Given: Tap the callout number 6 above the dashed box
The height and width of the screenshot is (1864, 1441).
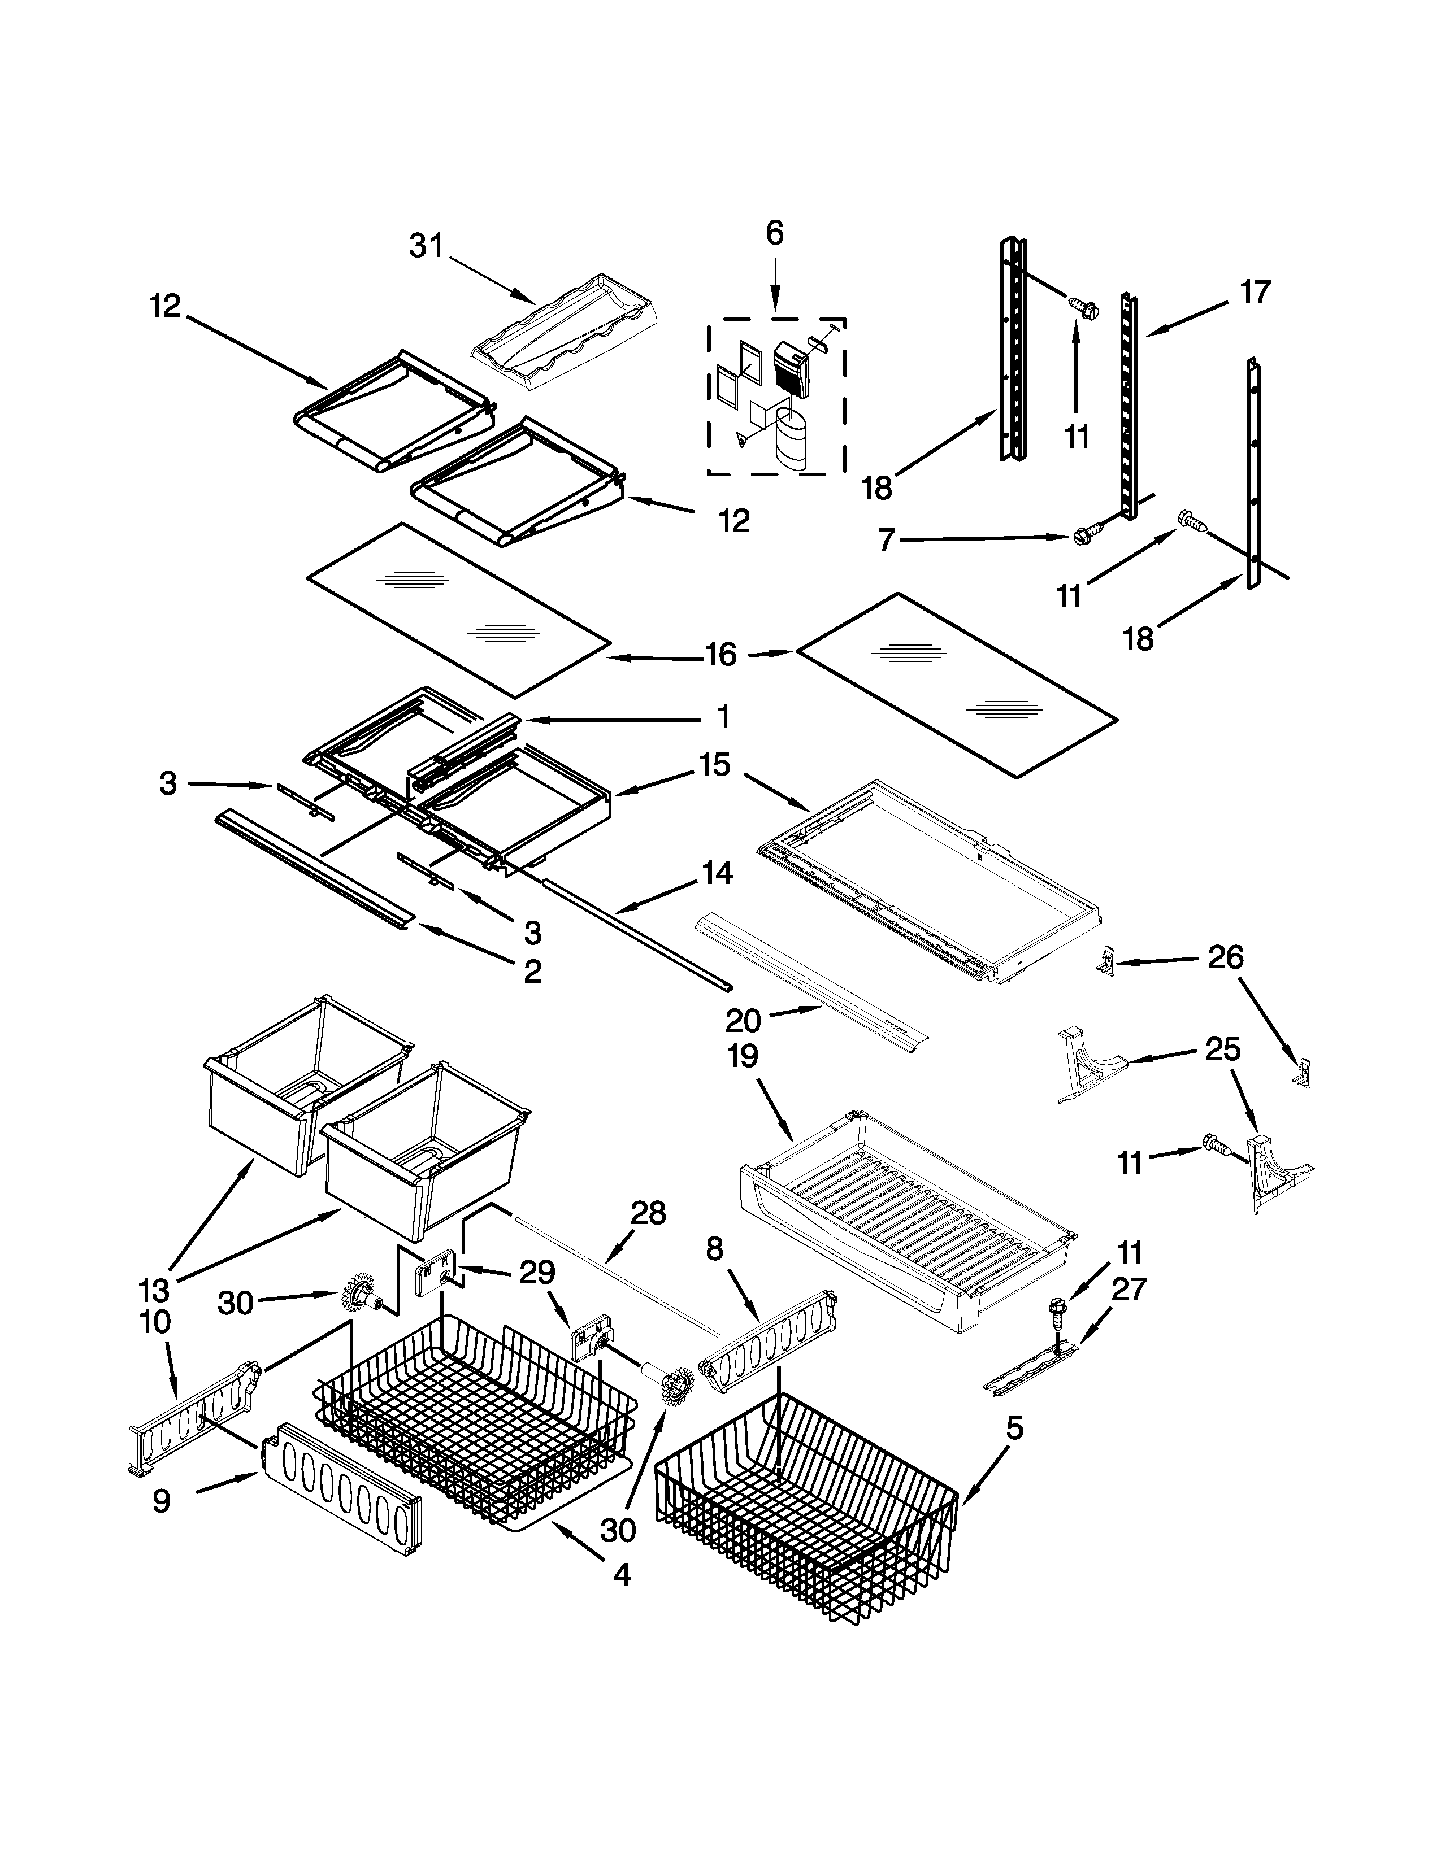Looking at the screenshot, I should point(774,233).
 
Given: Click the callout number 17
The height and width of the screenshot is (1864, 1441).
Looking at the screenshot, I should point(1255,292).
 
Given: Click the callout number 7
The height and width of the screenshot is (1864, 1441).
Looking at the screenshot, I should point(887,540).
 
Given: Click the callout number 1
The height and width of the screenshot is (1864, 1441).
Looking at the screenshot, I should point(722,717).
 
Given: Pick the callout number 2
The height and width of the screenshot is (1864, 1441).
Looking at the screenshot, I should point(532,970).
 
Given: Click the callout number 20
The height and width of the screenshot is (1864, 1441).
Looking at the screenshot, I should point(743,1020).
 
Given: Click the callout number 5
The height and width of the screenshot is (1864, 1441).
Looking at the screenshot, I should point(1013,1428).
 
